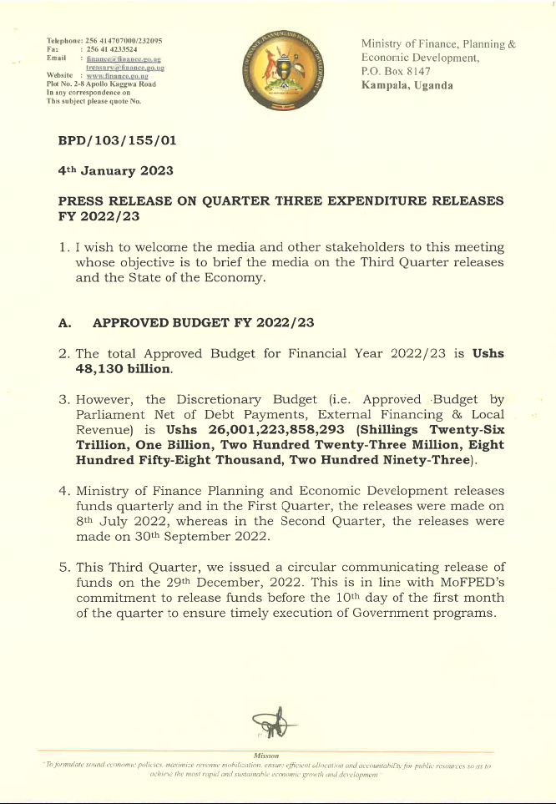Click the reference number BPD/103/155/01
pyautogui.click(x=116, y=141)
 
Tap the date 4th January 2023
pyautogui.click(x=115, y=170)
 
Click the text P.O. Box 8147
pyautogui.click(x=396, y=73)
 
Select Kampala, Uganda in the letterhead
pyautogui.click(x=407, y=86)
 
